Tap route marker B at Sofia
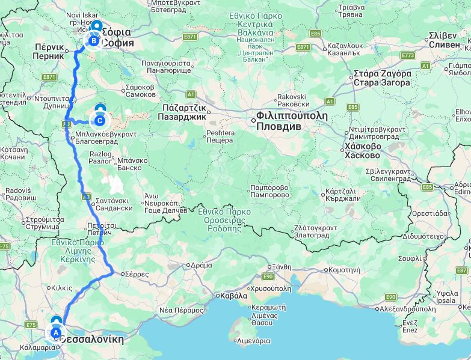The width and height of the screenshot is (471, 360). click(94, 41)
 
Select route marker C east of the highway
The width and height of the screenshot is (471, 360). click(100, 120)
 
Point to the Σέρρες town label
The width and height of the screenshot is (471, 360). click(137, 273)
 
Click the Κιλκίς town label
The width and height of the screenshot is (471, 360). click(61, 288)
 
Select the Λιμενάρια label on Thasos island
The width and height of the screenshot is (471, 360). click(253, 341)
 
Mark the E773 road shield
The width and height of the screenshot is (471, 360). click(408, 55)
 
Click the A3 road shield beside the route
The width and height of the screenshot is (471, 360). click(66, 123)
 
